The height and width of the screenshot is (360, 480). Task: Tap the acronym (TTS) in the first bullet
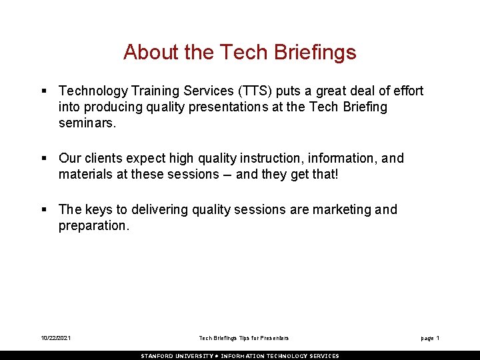pos(247,91)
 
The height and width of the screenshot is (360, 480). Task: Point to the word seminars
pos(87,123)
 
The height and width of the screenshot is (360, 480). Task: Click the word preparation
pos(93,226)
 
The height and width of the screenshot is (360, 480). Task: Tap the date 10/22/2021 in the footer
pos(55,339)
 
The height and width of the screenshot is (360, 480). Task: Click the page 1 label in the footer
pos(430,339)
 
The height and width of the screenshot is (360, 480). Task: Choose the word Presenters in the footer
pos(275,339)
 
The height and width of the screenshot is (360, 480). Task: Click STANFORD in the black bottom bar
pos(158,356)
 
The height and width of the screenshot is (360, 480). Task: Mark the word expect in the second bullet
pos(145,159)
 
